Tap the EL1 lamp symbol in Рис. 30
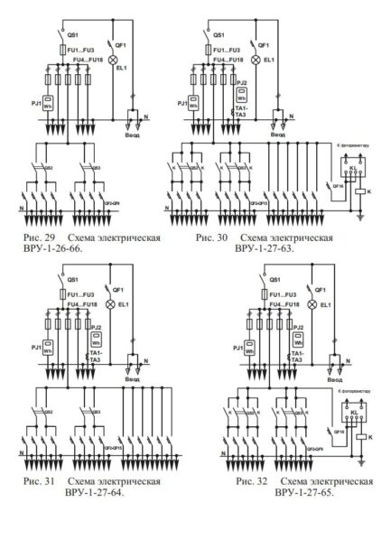(256, 59)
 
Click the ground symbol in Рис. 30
(359, 218)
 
